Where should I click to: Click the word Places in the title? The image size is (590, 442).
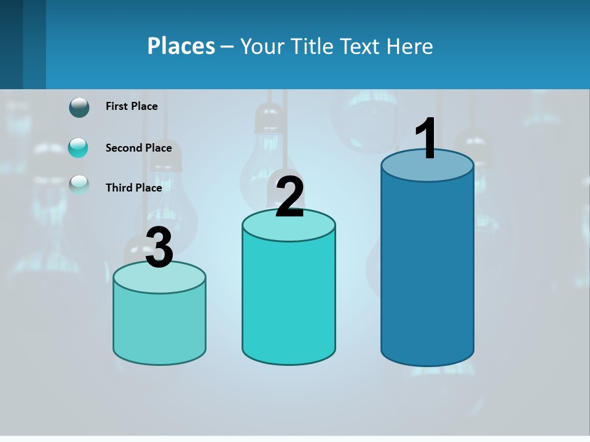click(181, 46)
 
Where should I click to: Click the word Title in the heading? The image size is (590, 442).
click(311, 46)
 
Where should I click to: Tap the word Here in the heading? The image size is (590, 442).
click(410, 46)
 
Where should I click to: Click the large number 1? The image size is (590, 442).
click(427, 139)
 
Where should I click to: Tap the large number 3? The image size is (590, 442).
click(159, 248)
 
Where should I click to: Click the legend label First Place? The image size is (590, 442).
click(132, 106)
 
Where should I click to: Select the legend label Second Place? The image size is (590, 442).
click(138, 148)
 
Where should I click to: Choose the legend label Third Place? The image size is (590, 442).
click(133, 188)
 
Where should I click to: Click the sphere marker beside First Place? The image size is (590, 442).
click(79, 107)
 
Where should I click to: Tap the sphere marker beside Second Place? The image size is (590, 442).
click(78, 147)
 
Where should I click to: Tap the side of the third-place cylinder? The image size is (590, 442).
click(159, 325)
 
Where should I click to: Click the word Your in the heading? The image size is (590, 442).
click(262, 46)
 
